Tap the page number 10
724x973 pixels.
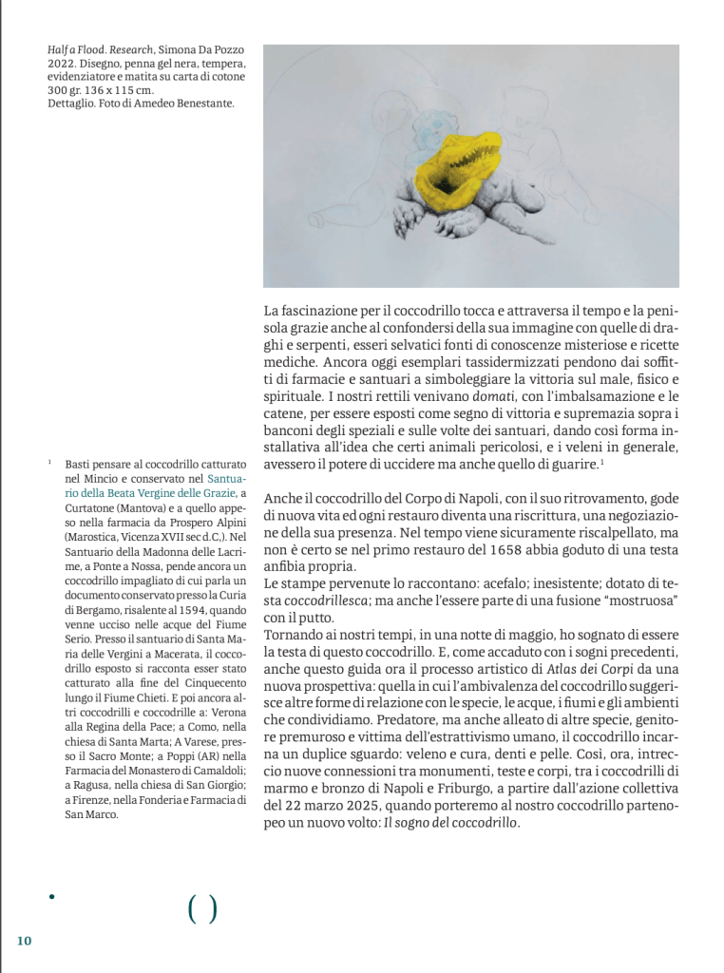click(x=24, y=940)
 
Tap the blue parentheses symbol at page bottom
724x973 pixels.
click(x=202, y=910)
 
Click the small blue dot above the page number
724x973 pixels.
click(x=51, y=895)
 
